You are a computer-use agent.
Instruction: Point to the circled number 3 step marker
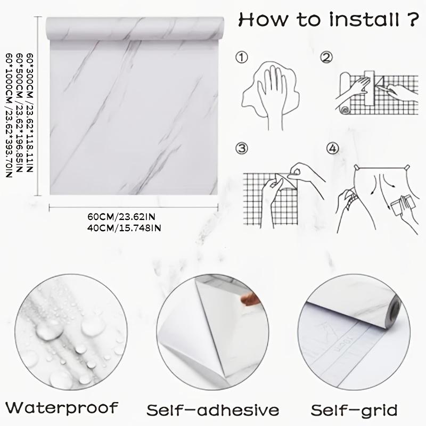coord(243,148)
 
